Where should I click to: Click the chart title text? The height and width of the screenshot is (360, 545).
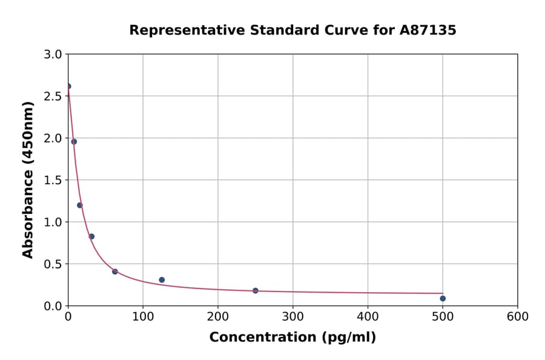[x=292, y=30]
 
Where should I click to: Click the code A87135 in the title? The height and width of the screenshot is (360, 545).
[x=428, y=30]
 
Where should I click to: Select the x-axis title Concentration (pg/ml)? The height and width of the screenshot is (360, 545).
[x=292, y=338]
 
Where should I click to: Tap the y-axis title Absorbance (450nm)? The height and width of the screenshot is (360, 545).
[x=28, y=179]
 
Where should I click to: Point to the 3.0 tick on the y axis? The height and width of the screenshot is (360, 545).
[x=54, y=55]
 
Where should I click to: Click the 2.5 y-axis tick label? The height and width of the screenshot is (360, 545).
[x=54, y=96]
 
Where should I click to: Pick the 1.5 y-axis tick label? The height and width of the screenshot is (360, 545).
[x=54, y=180]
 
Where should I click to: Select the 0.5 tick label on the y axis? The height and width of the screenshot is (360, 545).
[x=54, y=264]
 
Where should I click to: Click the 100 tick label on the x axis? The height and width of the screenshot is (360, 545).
[x=143, y=316]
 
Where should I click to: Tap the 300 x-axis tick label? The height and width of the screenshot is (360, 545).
[x=292, y=316]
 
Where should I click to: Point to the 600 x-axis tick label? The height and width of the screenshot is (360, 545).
[x=518, y=316]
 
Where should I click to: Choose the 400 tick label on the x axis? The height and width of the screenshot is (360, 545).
[x=368, y=316]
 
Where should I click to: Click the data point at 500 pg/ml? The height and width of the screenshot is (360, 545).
[x=443, y=298]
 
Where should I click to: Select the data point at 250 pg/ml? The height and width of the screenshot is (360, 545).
[x=256, y=291]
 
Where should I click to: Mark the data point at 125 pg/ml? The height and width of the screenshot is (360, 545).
[x=162, y=280]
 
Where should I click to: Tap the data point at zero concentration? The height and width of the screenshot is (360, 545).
[x=68, y=86]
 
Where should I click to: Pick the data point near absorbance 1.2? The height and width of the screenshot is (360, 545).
[x=80, y=205]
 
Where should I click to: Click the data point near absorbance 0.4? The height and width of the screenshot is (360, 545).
[x=115, y=272]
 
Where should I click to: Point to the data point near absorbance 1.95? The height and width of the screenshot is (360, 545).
[x=74, y=142]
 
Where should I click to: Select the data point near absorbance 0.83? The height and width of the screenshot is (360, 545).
[x=91, y=236]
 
